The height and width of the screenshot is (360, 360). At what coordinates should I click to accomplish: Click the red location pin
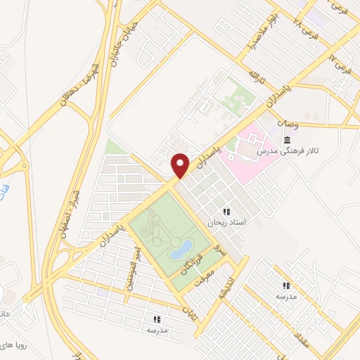pyautogui.click(x=181, y=165)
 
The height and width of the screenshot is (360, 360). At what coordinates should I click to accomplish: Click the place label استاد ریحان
pyautogui.click(x=226, y=222)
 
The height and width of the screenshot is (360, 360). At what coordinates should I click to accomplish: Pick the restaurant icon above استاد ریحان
pyautogui.click(x=226, y=211)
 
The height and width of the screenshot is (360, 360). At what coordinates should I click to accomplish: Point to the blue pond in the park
pyautogui.click(x=182, y=247)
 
